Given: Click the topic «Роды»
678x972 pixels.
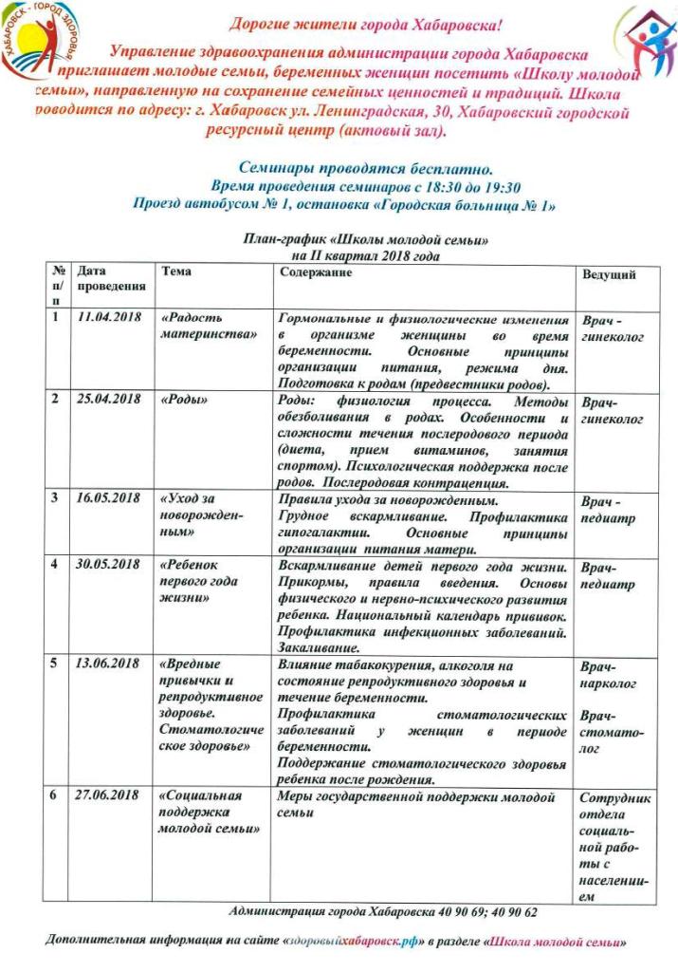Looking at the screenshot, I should (x=184, y=401).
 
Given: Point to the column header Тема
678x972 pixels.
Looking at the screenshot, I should (x=176, y=271).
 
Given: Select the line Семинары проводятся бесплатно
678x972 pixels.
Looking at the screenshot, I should (x=341, y=167).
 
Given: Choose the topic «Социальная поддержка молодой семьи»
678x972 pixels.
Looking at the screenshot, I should (x=203, y=812).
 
